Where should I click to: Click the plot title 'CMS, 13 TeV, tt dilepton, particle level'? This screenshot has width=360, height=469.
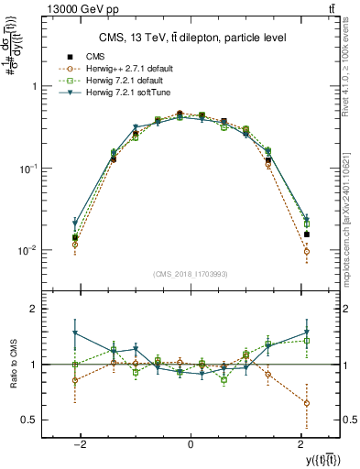[190, 38]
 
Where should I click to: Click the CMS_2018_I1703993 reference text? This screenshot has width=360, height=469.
[190, 274]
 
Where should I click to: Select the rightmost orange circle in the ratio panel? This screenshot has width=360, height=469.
[307, 403]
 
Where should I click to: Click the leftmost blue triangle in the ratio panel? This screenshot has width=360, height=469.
[75, 333]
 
